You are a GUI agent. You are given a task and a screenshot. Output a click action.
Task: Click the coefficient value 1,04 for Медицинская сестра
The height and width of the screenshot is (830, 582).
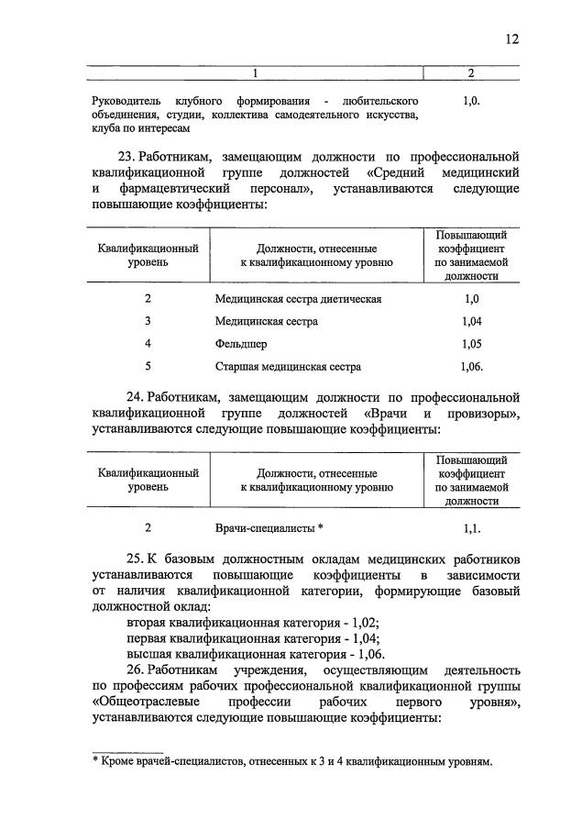pyautogui.click(x=471, y=322)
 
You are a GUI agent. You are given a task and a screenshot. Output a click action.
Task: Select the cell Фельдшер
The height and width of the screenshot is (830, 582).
pyautogui.click(x=241, y=344)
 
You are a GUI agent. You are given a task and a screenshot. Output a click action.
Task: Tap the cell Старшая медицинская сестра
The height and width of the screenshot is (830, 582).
pyautogui.click(x=288, y=366)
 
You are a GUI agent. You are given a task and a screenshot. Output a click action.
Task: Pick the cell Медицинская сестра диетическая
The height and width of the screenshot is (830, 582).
pyautogui.click(x=298, y=299)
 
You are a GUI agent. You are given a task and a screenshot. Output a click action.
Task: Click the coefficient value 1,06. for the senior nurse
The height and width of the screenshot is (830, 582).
pyautogui.click(x=472, y=366)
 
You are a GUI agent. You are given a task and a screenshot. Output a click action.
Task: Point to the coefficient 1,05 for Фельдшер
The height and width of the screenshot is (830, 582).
pyautogui.click(x=471, y=344)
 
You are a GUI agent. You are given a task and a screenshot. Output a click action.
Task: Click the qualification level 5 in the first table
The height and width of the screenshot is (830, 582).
pyautogui.click(x=148, y=366)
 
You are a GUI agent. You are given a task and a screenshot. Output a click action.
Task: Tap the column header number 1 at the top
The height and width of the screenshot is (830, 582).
pyautogui.click(x=256, y=72)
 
